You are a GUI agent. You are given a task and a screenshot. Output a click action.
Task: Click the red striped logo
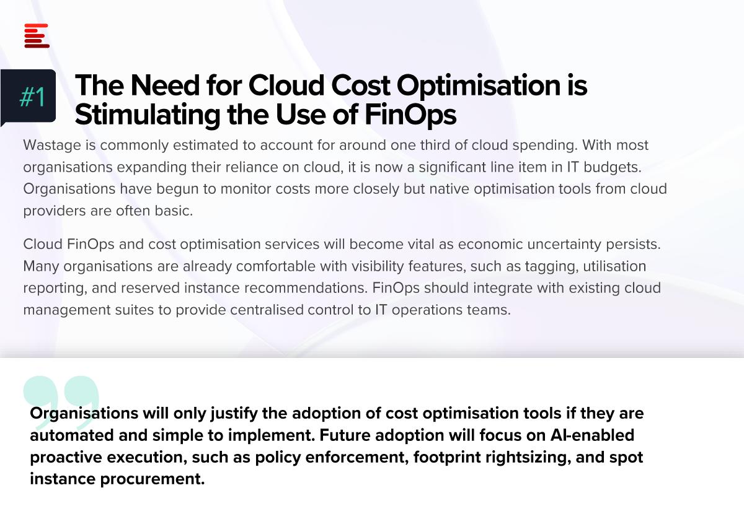[x=37, y=36]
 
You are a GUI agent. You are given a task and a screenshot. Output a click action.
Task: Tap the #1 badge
[x=29, y=97]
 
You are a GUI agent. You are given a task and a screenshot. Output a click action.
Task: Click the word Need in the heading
[x=165, y=85]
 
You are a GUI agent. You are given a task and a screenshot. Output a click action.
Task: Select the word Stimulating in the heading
[x=148, y=115]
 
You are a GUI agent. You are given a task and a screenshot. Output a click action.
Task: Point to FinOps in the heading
[x=410, y=115]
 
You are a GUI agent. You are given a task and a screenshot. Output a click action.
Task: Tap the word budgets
[x=613, y=167]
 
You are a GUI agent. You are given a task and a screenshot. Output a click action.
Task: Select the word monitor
[x=246, y=189]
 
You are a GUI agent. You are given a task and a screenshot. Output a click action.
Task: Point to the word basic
[x=174, y=211]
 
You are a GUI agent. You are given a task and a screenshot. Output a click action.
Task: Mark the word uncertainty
[x=564, y=245]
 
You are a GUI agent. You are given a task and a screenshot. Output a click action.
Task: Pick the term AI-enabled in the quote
[x=592, y=435]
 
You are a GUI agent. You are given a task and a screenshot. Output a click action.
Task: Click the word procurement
[x=153, y=479]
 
